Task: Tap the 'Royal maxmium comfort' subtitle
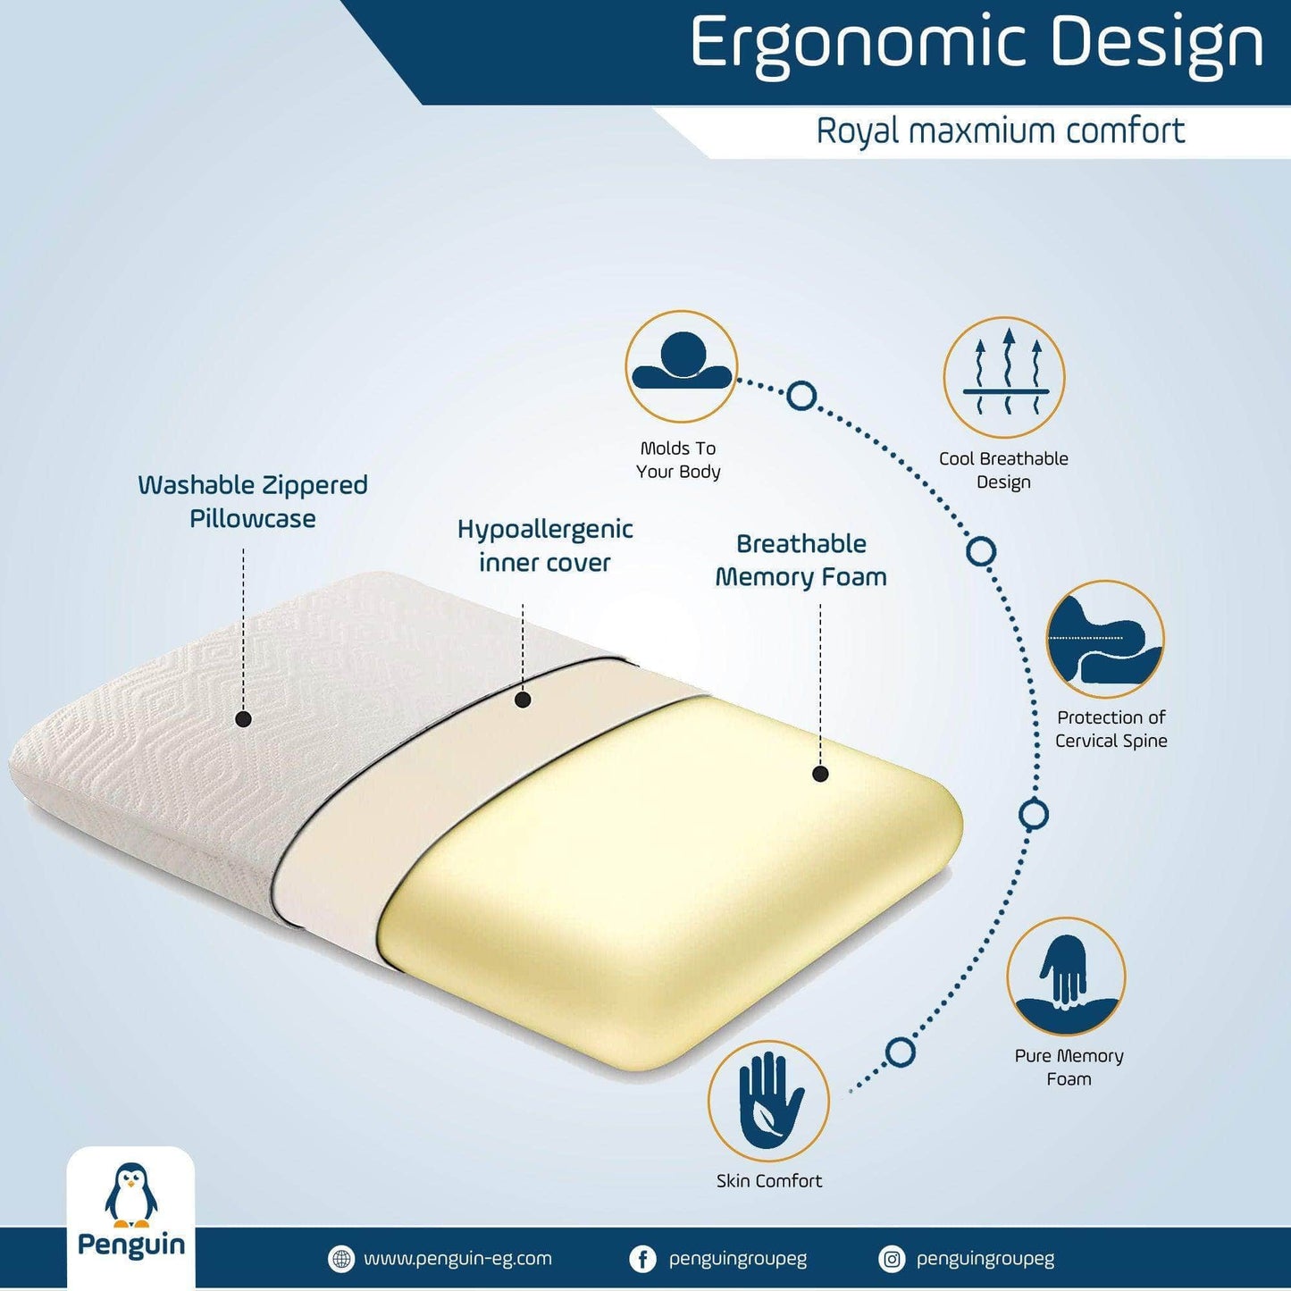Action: point(1001,131)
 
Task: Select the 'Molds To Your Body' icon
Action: point(682,365)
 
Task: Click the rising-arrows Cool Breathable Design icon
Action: point(1004,377)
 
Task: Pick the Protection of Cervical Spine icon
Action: point(1105,639)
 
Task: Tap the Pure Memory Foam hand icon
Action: point(1066,977)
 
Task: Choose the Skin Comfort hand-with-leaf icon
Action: point(768,1101)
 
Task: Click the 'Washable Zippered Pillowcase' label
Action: point(253,501)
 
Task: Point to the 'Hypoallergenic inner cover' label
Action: point(545,546)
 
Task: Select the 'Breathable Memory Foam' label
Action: point(801,560)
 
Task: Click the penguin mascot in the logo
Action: point(131,1192)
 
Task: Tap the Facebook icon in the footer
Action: point(642,1259)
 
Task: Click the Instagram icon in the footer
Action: point(892,1259)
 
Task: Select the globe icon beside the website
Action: point(341,1259)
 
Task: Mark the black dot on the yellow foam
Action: point(820,774)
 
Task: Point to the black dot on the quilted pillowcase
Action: point(244,719)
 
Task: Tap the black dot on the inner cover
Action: point(524,700)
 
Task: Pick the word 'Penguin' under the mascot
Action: point(131,1245)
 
